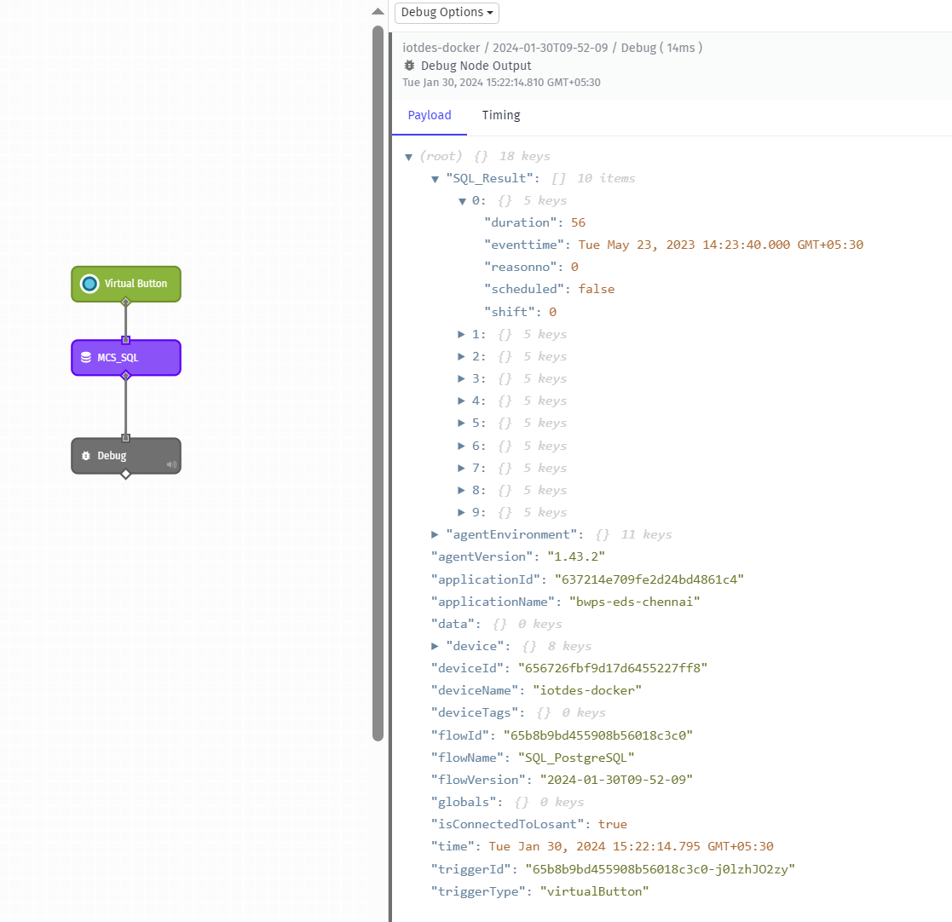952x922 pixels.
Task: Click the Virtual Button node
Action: pyautogui.click(x=126, y=284)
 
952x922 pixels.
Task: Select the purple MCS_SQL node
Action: pyautogui.click(x=126, y=358)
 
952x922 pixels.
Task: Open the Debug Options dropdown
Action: pyautogui.click(x=447, y=13)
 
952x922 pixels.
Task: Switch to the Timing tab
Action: pyautogui.click(x=500, y=115)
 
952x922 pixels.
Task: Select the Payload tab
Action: pyautogui.click(x=430, y=115)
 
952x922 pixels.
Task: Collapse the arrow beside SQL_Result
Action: pyautogui.click(x=436, y=179)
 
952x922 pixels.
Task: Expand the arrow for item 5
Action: pyautogui.click(x=462, y=424)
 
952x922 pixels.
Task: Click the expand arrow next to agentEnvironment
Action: pyautogui.click(x=436, y=534)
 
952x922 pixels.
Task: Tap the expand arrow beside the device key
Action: pyautogui.click(x=436, y=646)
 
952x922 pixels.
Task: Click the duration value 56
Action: pyautogui.click(x=579, y=222)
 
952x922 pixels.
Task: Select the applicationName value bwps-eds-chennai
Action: pyautogui.click(x=634, y=602)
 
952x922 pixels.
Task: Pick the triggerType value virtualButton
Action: pyautogui.click(x=594, y=891)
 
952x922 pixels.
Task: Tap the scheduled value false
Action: pyautogui.click(x=597, y=289)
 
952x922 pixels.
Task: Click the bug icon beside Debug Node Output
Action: pyautogui.click(x=410, y=66)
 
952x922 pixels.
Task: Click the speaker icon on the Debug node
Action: pyautogui.click(x=171, y=464)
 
